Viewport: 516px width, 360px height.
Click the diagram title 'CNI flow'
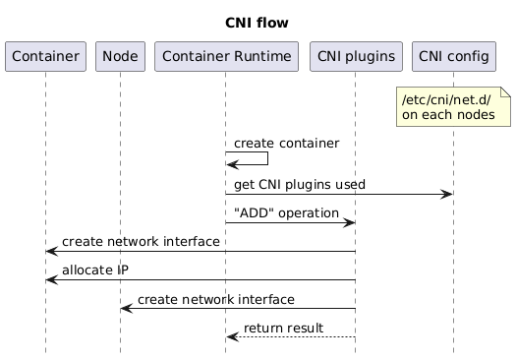point(257,23)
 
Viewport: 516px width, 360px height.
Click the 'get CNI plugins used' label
point(300,185)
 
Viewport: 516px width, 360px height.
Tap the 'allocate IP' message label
point(94,270)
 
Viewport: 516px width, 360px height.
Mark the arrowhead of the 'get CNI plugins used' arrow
point(447,195)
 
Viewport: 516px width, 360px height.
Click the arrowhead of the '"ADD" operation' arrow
point(349,223)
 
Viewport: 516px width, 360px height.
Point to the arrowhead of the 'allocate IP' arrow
point(51,280)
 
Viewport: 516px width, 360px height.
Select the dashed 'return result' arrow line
point(295,337)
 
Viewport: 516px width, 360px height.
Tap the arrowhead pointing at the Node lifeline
point(126,309)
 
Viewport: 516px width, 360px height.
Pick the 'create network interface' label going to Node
point(215,298)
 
